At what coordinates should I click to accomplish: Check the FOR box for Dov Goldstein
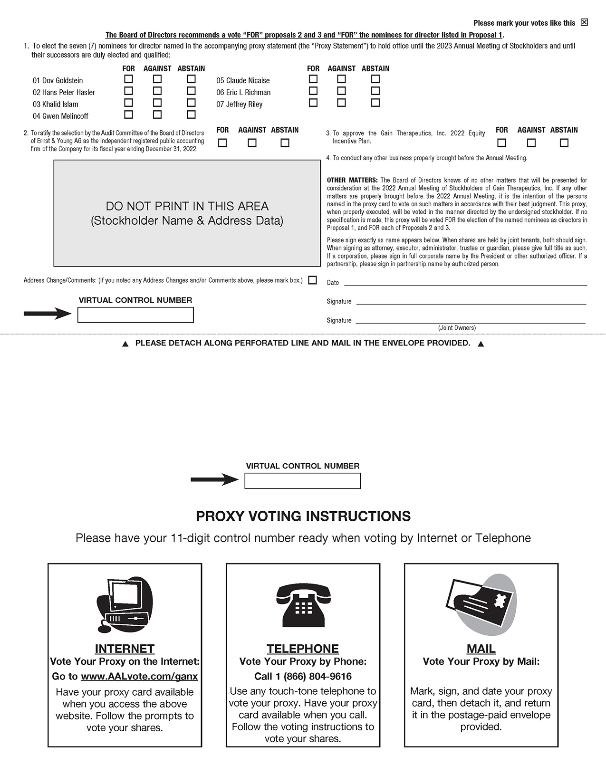[x=128, y=79]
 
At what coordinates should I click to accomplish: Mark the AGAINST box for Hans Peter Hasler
[x=157, y=91]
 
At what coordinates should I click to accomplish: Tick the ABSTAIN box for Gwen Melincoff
[x=191, y=115]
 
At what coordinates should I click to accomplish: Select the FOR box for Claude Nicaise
[x=313, y=79]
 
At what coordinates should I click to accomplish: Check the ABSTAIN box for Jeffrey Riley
[x=375, y=103]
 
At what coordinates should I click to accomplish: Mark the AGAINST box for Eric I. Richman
[x=342, y=91]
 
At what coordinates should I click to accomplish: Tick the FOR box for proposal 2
[x=222, y=143]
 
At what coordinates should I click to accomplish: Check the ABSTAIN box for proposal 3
[x=564, y=143]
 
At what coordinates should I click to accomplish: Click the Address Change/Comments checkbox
[x=312, y=280]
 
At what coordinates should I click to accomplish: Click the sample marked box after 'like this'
[x=585, y=22]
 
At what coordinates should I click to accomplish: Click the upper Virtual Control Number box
[x=135, y=315]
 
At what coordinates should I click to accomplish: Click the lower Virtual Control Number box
[x=303, y=481]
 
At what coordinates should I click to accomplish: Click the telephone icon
[x=303, y=605]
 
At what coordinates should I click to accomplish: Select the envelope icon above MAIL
[x=481, y=604]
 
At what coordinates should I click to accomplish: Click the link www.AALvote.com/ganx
[x=139, y=677]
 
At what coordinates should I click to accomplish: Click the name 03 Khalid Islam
[x=56, y=104]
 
